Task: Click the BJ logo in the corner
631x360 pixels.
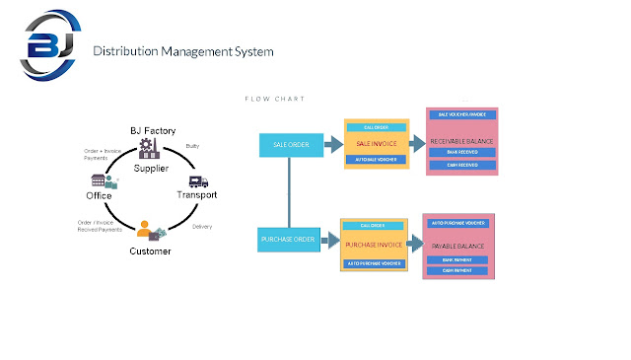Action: pyautogui.click(x=47, y=47)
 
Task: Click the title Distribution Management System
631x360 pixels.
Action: pyautogui.click(x=182, y=50)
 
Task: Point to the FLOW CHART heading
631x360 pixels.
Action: pyautogui.click(x=274, y=99)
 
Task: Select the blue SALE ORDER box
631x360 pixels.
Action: pyautogui.click(x=288, y=145)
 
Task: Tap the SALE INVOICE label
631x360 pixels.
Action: pyautogui.click(x=376, y=144)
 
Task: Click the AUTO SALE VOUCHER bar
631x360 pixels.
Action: pyautogui.click(x=376, y=159)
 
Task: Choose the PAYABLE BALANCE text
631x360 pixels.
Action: pyautogui.click(x=459, y=243)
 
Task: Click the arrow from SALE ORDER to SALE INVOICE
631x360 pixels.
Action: pyautogui.click(x=331, y=145)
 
